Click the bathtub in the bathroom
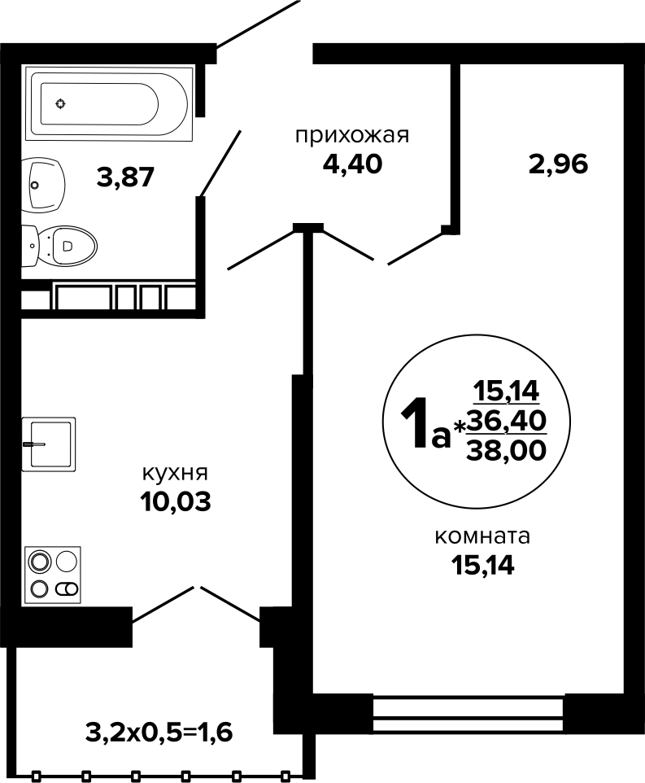(109, 104)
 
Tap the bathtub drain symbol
(60, 104)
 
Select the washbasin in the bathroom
(43, 184)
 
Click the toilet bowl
(59, 245)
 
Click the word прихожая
(352, 135)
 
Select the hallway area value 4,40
(353, 164)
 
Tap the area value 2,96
(559, 164)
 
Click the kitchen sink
(49, 444)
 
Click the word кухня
(175, 473)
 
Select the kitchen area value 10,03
(176, 502)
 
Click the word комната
(482, 537)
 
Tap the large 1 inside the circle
(414, 423)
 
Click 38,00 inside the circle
(507, 451)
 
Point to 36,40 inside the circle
(507, 422)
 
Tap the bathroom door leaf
(220, 163)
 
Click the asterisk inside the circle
(460, 426)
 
